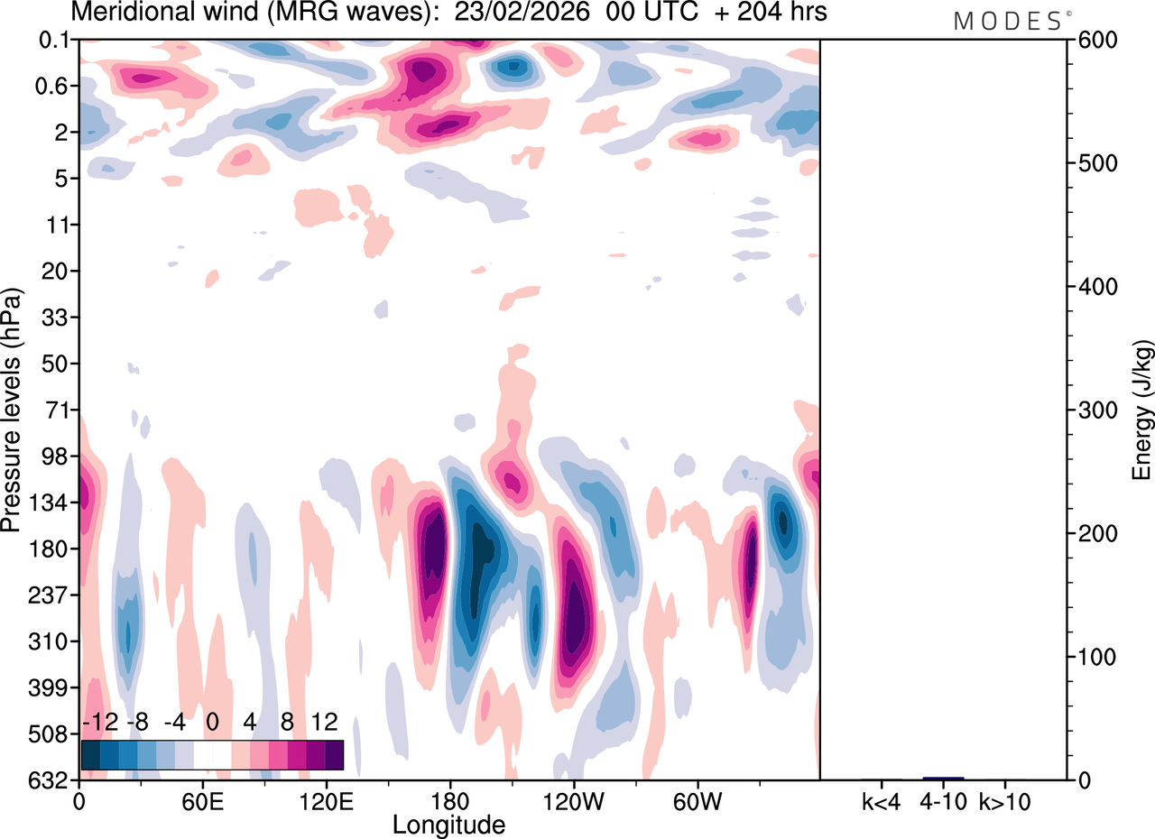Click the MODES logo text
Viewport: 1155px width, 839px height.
tap(1008, 22)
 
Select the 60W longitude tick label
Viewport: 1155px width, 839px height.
tap(697, 799)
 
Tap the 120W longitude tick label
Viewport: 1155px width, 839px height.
tap(573, 799)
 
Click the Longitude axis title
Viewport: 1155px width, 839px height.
tap(448, 823)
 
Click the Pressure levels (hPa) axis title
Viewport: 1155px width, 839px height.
tap(12, 410)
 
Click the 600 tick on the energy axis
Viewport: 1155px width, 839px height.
tap(1095, 40)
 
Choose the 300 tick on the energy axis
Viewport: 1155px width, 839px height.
tap(1095, 410)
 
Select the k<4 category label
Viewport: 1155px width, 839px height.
tap(882, 799)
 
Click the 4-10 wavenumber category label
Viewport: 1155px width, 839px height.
tap(943, 799)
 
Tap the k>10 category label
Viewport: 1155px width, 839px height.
tap(1005, 799)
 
